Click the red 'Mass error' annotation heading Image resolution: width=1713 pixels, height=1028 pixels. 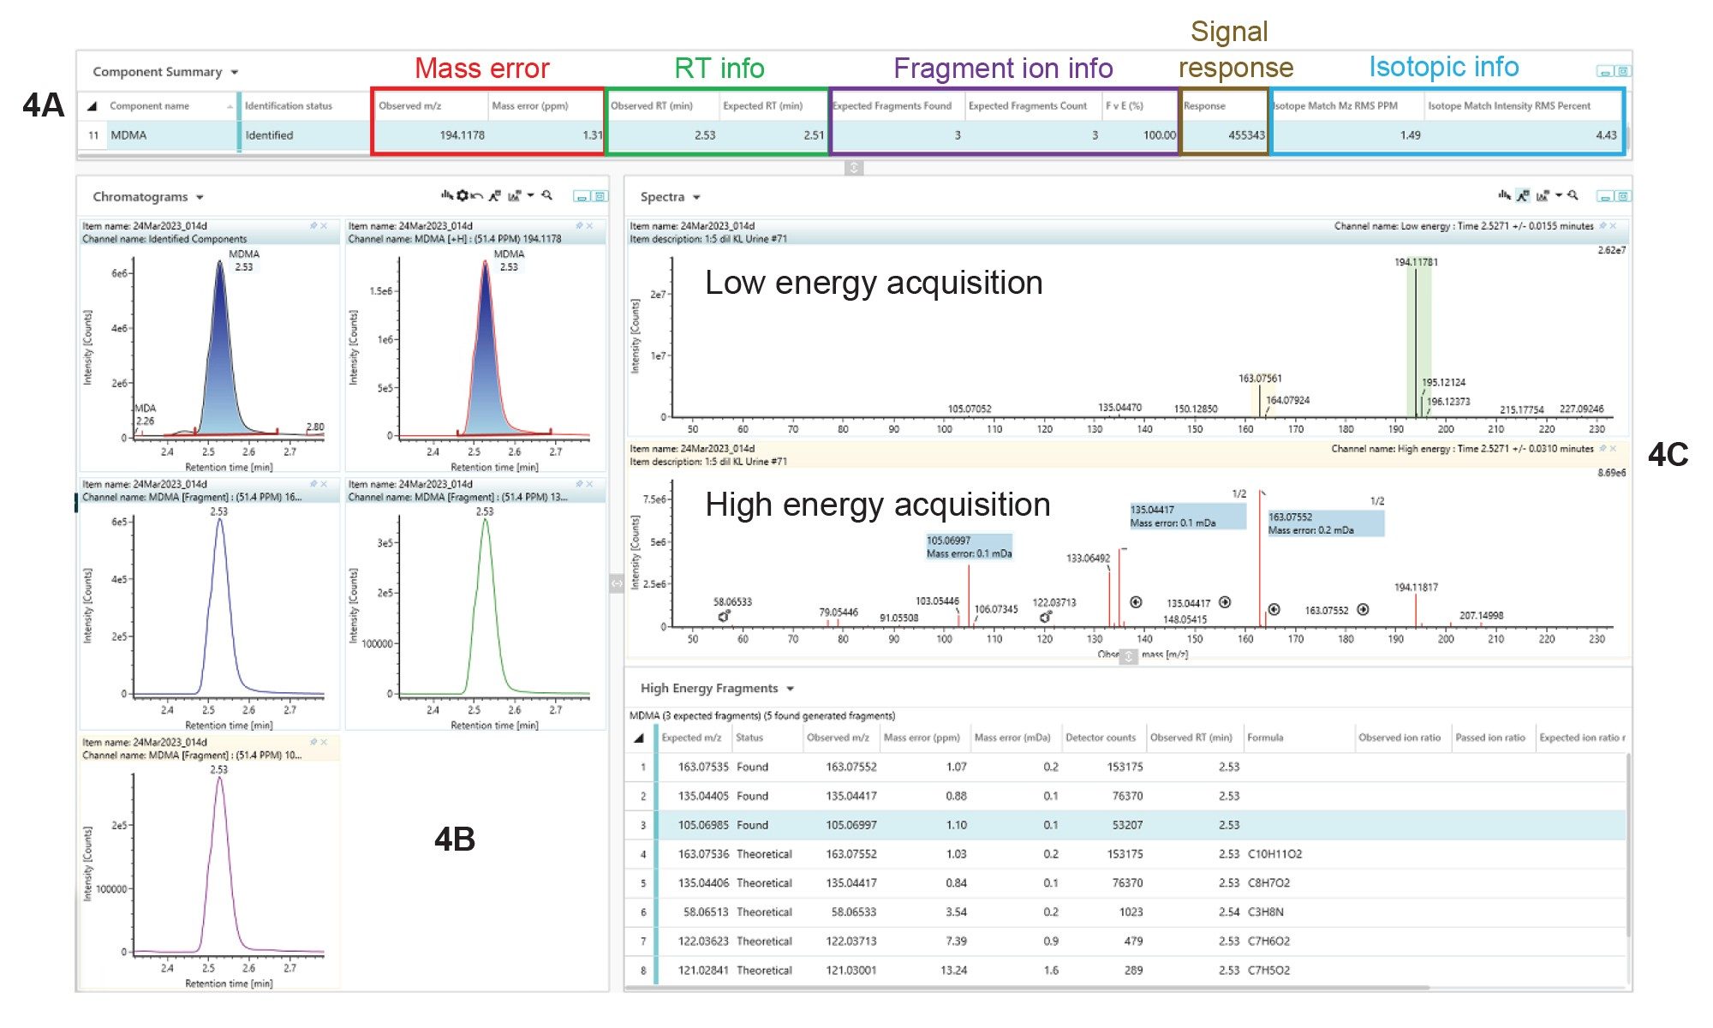[x=481, y=69]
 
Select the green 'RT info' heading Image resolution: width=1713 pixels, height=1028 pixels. [x=719, y=69]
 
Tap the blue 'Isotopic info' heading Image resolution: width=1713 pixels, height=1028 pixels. [x=1443, y=67]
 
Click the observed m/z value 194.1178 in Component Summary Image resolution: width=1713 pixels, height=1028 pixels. [x=462, y=135]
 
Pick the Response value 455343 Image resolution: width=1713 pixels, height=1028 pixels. [x=1246, y=135]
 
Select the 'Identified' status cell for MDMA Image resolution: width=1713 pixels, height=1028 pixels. [x=269, y=135]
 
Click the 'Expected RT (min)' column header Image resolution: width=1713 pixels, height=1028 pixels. [x=762, y=106]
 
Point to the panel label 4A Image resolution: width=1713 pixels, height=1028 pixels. [x=43, y=105]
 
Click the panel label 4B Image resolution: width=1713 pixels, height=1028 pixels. [x=454, y=840]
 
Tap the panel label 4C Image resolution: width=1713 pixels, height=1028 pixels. [x=1668, y=455]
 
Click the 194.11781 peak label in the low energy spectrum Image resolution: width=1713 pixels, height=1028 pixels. [x=1416, y=262]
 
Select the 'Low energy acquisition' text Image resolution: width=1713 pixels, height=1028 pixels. [x=874, y=283]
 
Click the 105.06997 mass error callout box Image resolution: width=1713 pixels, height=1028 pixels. [x=969, y=547]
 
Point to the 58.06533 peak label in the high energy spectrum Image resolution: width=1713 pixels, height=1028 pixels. [x=732, y=602]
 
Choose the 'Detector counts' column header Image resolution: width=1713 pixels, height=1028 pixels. [x=1100, y=738]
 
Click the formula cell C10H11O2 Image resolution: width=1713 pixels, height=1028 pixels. [x=1274, y=854]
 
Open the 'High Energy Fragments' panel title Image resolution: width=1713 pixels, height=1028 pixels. [x=709, y=688]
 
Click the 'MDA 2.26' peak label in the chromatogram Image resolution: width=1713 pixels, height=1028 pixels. [x=146, y=415]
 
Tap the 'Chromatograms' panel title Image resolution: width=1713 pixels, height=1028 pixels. [x=140, y=197]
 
